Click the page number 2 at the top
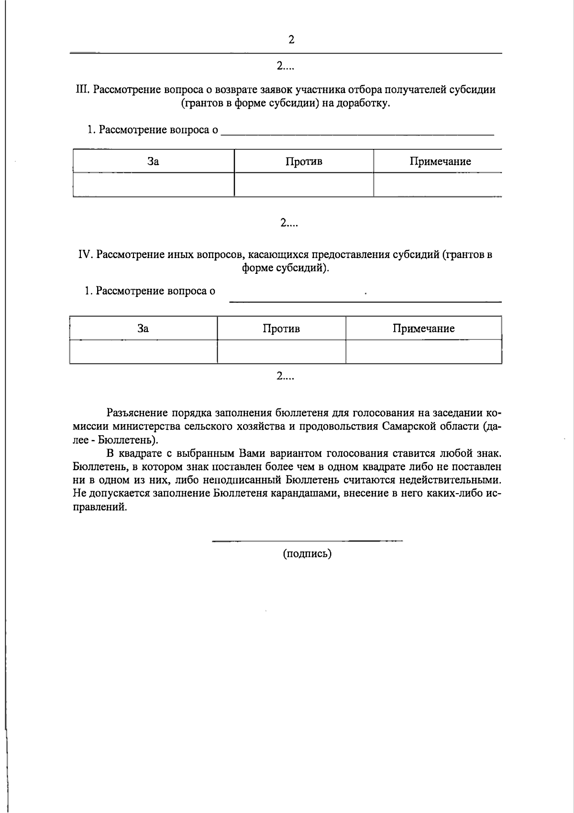click(x=291, y=40)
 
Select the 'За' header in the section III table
click(x=153, y=161)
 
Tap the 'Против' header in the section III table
click(x=304, y=161)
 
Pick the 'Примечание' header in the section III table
click(x=440, y=161)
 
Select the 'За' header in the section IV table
click(x=143, y=328)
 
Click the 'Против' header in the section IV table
click(x=281, y=328)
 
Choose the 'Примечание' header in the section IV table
click(x=423, y=328)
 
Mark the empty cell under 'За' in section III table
click(x=153, y=185)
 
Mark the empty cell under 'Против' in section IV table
click(x=281, y=352)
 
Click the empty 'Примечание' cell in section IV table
click(x=423, y=352)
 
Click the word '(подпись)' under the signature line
click(x=307, y=554)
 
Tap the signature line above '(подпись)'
click(x=307, y=542)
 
